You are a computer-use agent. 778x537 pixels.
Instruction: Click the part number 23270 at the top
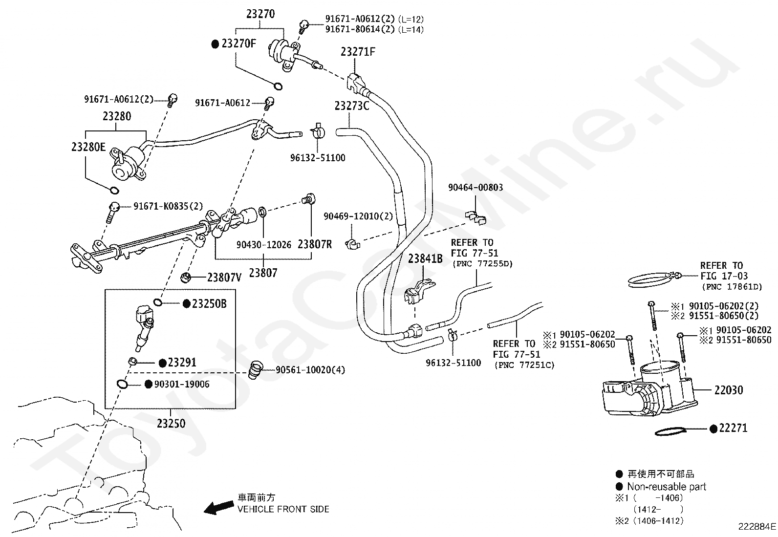click(x=260, y=14)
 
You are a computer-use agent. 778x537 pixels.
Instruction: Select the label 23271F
click(x=358, y=52)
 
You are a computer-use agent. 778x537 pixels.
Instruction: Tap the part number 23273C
click(x=352, y=106)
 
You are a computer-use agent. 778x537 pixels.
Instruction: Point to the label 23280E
click(x=88, y=147)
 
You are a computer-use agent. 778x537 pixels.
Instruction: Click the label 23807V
click(x=224, y=277)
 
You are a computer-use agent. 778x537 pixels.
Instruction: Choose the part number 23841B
click(x=425, y=258)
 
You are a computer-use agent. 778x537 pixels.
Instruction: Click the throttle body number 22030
click(x=729, y=390)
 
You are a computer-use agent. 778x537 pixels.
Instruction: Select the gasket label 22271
click(x=733, y=428)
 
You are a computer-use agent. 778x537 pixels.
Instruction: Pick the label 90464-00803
click(x=475, y=188)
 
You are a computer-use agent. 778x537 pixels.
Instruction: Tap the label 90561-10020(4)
click(x=310, y=369)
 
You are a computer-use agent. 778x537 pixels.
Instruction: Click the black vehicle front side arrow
click(x=219, y=507)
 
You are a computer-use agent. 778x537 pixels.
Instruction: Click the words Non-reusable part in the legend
click(x=667, y=487)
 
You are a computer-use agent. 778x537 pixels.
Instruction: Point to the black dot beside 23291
click(x=163, y=363)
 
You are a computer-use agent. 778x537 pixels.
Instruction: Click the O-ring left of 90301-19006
click(x=122, y=384)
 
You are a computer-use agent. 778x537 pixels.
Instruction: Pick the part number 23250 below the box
click(x=171, y=424)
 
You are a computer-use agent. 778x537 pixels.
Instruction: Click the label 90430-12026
click(x=264, y=245)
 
